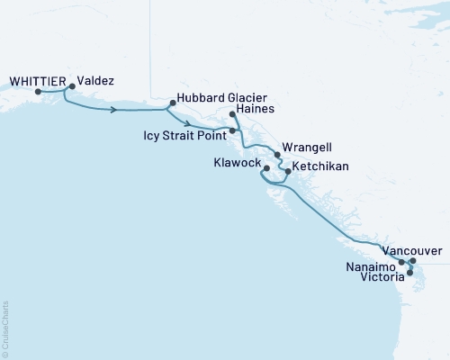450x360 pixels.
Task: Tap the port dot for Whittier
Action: tap(38, 91)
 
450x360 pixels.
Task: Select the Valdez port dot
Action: tap(72, 87)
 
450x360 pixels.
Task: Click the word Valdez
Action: tap(95, 79)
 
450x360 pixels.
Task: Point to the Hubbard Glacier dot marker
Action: tap(171, 103)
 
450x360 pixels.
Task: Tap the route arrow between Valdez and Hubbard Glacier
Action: tap(114, 110)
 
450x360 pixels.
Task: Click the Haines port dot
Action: tap(233, 115)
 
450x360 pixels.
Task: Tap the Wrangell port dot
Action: tap(277, 155)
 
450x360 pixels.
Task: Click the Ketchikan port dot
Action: tap(287, 169)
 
